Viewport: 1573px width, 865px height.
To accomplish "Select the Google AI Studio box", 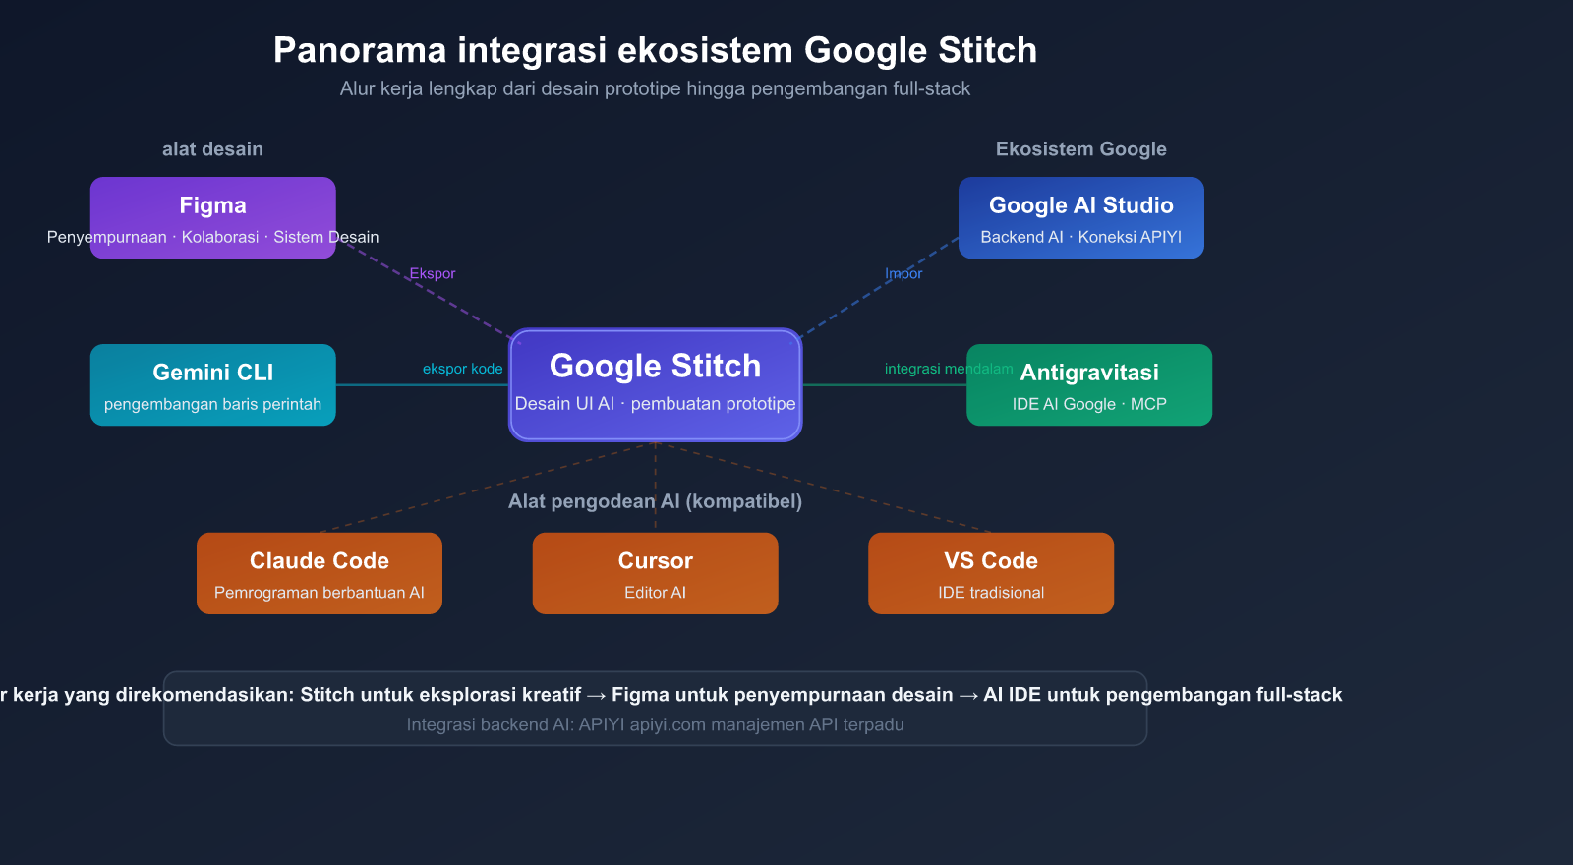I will click(x=1080, y=217).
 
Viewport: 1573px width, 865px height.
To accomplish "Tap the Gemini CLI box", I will click(x=212, y=384).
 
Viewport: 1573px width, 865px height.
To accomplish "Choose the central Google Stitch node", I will click(x=655, y=384).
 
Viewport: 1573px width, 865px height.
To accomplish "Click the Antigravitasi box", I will click(x=1089, y=384).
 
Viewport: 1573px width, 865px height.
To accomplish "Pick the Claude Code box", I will click(x=319, y=573).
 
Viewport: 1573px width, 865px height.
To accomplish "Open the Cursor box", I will click(x=655, y=573).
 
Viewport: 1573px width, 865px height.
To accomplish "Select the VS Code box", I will click(x=990, y=573).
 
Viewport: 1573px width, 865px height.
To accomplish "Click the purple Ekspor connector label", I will click(x=433, y=273).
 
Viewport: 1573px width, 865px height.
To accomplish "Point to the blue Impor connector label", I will click(x=903, y=273).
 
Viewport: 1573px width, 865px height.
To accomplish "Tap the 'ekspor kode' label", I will click(x=462, y=369).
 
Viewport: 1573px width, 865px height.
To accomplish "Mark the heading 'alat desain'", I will click(x=212, y=149).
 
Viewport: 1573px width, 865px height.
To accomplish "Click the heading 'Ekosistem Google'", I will click(x=1080, y=149).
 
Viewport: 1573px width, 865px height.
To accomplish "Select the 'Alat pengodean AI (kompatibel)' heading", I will click(x=655, y=501).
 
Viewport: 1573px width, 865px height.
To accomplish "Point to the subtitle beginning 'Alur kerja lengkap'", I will click(x=655, y=88).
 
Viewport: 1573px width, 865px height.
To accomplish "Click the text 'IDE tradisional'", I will click(x=990, y=593).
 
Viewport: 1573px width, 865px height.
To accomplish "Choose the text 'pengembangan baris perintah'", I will click(x=212, y=404).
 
